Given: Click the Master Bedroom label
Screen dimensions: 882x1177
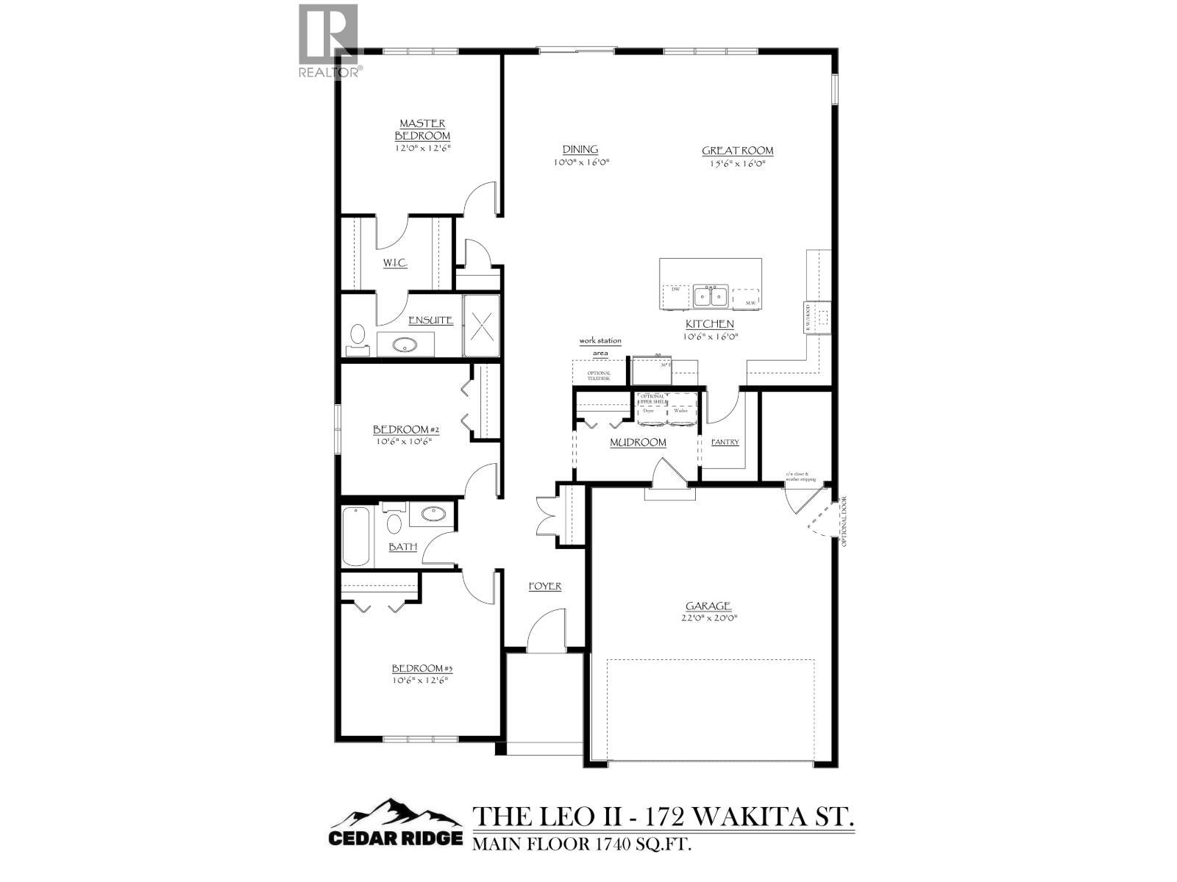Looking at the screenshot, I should point(422,130).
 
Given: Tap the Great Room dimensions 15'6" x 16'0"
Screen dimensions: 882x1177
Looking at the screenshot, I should point(737,163).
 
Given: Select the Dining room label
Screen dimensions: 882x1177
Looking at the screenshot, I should point(580,149).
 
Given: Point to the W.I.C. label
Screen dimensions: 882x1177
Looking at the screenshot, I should point(395,263).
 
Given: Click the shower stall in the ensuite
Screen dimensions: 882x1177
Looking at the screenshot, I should point(481,326).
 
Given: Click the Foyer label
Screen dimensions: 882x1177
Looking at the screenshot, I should point(545,586).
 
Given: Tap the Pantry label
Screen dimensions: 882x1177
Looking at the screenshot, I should point(725,442).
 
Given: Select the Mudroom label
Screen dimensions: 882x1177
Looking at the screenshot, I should point(638,442).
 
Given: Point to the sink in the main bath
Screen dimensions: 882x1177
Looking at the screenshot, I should point(432,514).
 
